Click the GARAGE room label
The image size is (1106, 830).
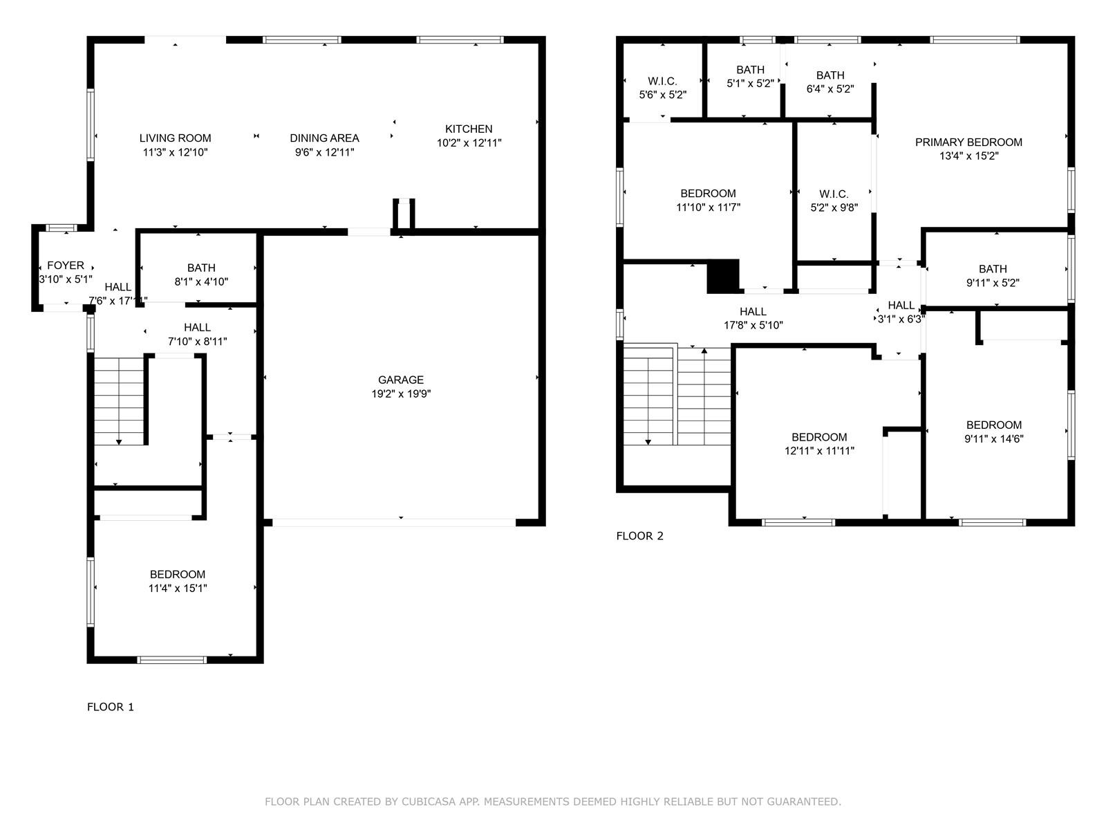[x=400, y=380]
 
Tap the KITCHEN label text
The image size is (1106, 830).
[x=469, y=129]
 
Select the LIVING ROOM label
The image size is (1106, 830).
[x=176, y=138]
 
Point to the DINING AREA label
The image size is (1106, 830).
[x=324, y=138]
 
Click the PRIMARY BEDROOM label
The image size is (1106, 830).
[x=968, y=142]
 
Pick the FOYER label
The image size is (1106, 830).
[x=66, y=266]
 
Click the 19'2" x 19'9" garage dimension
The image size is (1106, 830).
[x=401, y=394]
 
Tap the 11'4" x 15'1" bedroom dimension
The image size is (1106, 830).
[x=178, y=588]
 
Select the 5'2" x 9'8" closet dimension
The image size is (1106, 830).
[x=834, y=207]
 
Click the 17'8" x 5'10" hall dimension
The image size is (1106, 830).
[x=753, y=326]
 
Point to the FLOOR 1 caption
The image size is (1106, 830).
[x=111, y=707]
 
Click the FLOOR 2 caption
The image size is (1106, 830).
[x=640, y=536]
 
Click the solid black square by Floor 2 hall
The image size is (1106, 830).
[x=723, y=276]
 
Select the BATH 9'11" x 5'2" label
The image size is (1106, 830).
[x=993, y=276]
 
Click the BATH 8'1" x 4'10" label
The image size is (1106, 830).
[x=202, y=275]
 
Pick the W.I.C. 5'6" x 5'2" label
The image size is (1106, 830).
[x=663, y=89]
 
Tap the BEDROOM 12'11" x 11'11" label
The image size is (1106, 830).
[x=819, y=444]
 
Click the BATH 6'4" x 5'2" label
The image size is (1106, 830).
[x=830, y=82]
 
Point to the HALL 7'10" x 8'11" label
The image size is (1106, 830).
[x=198, y=335]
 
